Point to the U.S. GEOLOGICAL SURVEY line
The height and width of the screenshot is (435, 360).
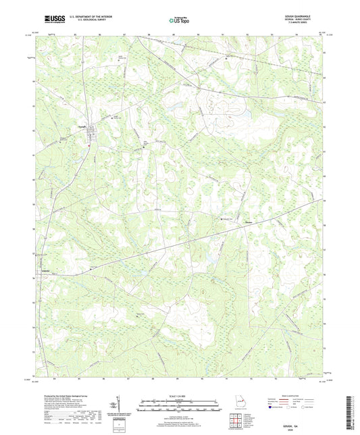coord(85,22)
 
